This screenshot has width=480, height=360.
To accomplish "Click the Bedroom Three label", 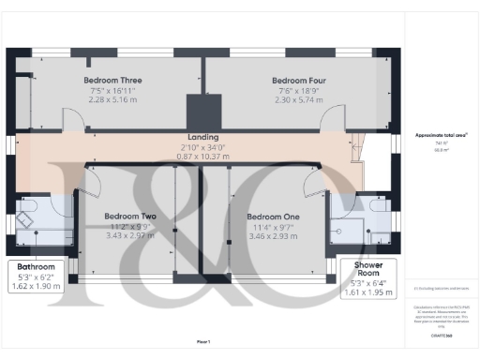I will click(x=112, y=80).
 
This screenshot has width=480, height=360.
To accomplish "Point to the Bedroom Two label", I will click(x=129, y=217).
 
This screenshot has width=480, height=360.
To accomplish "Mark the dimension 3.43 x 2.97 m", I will click(x=129, y=235).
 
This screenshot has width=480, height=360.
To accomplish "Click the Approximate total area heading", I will click(x=441, y=135).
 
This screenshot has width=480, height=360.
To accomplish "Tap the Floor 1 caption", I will click(x=202, y=341).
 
